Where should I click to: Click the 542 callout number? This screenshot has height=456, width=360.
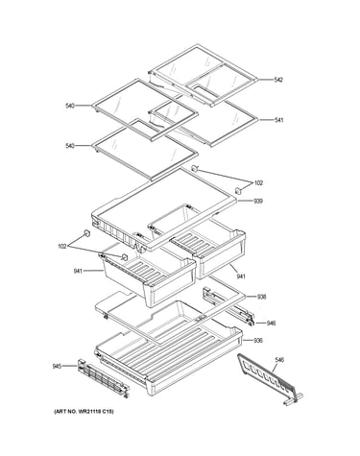click(278, 80)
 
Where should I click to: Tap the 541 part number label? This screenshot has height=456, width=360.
click(279, 120)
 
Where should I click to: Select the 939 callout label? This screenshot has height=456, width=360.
click(258, 202)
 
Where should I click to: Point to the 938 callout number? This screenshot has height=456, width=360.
click(261, 297)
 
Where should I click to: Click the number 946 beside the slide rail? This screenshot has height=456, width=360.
click(271, 324)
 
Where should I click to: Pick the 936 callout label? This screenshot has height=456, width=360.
click(258, 341)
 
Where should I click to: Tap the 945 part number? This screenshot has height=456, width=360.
click(57, 366)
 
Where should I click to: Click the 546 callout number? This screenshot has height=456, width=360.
click(279, 360)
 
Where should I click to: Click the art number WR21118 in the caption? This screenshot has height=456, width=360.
click(91, 412)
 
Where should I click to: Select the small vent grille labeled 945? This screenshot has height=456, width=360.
click(103, 378)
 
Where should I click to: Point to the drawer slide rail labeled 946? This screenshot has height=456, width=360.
click(228, 306)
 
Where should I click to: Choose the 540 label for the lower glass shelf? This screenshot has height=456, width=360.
click(70, 146)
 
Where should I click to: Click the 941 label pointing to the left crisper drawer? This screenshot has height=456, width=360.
click(78, 272)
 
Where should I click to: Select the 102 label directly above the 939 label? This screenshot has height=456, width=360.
click(258, 183)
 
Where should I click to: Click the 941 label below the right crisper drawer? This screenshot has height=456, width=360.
click(241, 276)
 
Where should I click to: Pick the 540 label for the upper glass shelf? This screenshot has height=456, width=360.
click(70, 106)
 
